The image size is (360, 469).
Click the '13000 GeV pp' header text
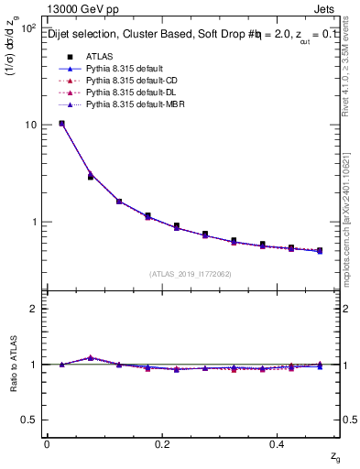pos(79,9)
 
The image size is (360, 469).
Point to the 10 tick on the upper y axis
pos(29,125)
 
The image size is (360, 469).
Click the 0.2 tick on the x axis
pos(162,444)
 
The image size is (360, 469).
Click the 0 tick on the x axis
pos(47,444)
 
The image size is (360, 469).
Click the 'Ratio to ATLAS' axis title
pos(12,365)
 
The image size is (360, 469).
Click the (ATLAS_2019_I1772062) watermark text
pos(191,273)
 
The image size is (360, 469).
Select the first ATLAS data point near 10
pos(61,123)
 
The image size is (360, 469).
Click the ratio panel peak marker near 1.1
pos(90,357)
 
